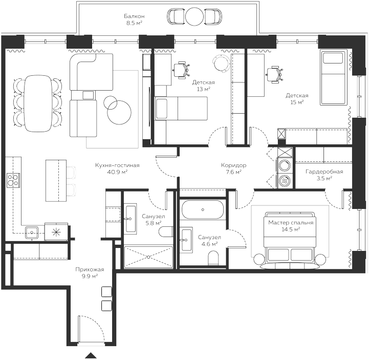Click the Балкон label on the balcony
[134, 19]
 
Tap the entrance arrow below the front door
[91, 355]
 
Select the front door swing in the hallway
[88, 328]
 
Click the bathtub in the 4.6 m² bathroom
[203, 210]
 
